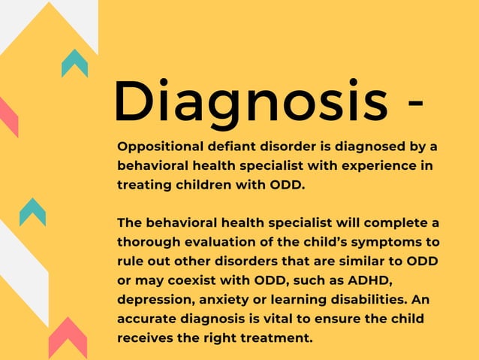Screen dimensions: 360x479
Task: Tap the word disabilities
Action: click(366, 299)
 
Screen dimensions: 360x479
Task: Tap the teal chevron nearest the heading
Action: click(74, 63)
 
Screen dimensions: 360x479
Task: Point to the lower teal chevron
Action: click(32, 212)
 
